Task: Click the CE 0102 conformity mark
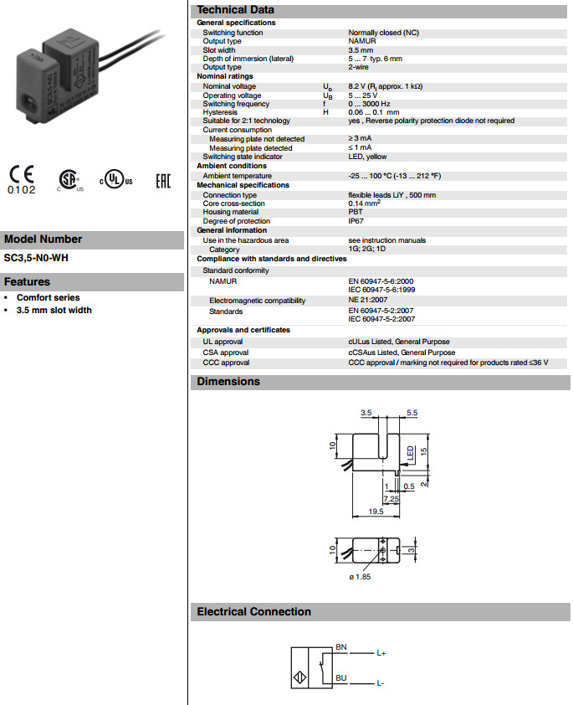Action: [23, 179]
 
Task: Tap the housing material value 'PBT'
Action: [356, 212]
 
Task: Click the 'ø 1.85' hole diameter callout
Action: [360, 577]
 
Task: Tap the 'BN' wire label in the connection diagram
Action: [340, 647]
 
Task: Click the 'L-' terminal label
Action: [381, 683]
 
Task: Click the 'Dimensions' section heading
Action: [228, 382]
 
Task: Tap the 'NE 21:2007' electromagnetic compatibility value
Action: [368, 300]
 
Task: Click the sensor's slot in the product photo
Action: [48, 63]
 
